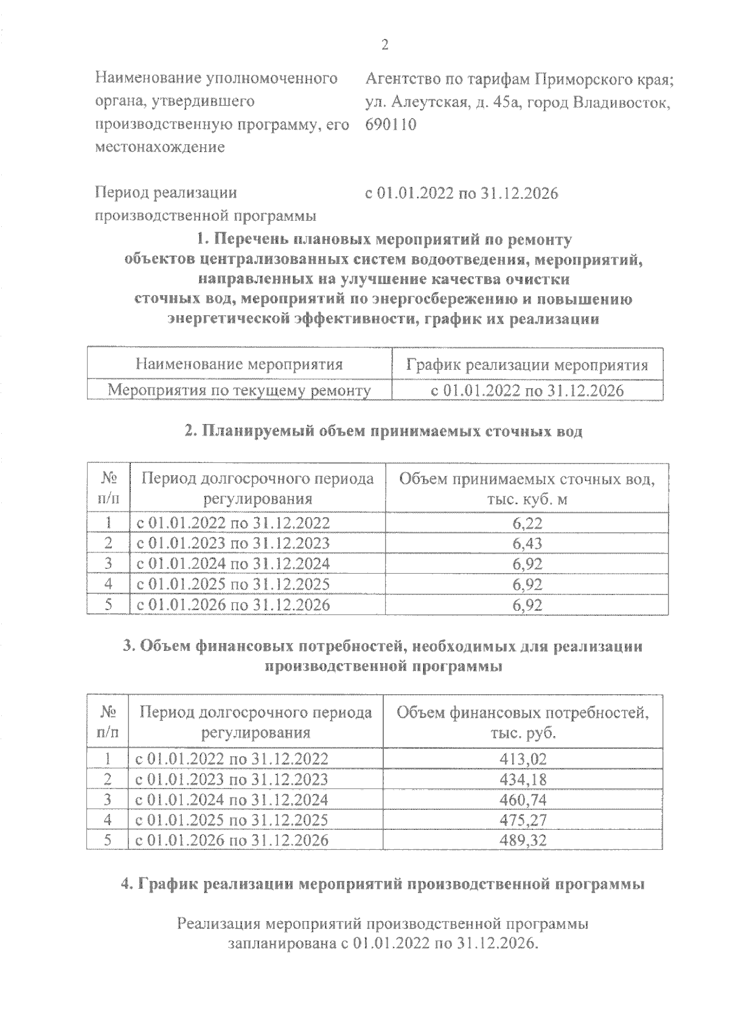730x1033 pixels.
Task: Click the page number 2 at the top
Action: [384, 45]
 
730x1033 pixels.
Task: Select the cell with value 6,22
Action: [527, 523]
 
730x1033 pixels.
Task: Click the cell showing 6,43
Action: [527, 543]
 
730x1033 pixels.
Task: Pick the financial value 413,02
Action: [523, 759]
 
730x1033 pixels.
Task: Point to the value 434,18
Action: [523, 779]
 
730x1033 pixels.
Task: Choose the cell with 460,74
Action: [523, 799]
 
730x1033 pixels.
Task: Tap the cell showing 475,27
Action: [523, 820]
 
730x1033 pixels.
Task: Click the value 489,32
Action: [523, 840]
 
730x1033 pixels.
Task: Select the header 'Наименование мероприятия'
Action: [239, 364]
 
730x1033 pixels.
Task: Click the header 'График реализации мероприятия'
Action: [527, 366]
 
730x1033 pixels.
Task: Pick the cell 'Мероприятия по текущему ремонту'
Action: [239, 390]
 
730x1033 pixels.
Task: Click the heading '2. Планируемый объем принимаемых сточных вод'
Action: [383, 431]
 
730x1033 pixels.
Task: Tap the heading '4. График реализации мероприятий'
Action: [383, 884]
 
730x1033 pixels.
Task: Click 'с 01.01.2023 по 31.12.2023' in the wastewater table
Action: [233, 543]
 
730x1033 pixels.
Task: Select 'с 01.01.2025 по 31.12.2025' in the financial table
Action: [231, 820]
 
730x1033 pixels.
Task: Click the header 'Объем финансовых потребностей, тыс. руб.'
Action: [523, 722]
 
